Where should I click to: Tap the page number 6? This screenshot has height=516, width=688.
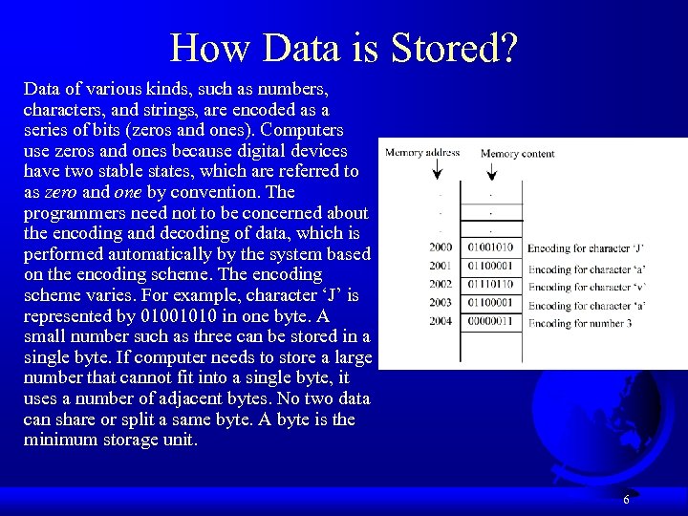click(626, 500)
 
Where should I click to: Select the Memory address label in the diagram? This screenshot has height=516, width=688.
click(421, 152)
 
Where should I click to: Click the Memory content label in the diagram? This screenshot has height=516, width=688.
click(517, 153)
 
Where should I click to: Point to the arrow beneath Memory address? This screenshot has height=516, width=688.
click(439, 169)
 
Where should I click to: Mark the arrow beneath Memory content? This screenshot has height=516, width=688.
click(490, 169)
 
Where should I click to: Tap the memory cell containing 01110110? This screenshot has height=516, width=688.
click(490, 285)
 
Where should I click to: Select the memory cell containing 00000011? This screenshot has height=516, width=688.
click(490, 321)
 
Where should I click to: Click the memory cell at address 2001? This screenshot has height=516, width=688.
click(490, 267)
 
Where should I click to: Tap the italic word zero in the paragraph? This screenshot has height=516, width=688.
click(59, 191)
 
